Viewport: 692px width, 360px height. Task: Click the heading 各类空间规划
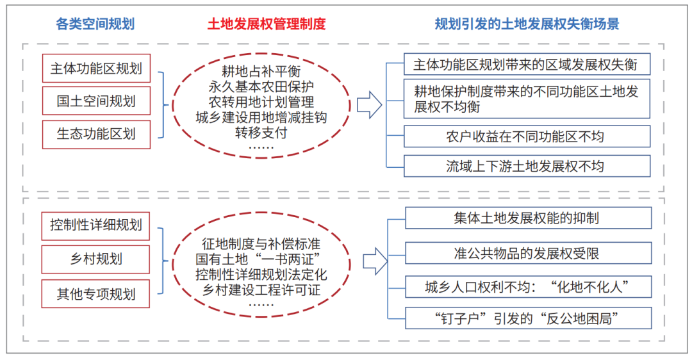(95, 24)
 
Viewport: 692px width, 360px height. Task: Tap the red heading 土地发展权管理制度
(267, 24)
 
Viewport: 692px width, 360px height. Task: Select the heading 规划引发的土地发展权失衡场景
(527, 24)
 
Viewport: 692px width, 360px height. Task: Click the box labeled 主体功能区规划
(96, 69)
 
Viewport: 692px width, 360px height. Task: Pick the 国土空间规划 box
(96, 101)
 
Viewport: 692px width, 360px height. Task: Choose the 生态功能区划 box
(96, 134)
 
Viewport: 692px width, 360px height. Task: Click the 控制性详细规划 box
(95, 226)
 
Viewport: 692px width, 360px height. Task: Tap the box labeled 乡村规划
(95, 259)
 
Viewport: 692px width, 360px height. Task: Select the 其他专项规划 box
(95, 294)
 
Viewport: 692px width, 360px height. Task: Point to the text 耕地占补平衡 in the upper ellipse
(261, 71)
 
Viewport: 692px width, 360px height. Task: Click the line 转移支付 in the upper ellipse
(261, 133)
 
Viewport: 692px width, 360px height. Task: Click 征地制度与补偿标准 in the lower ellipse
(261, 243)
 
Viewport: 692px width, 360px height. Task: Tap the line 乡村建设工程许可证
(261, 290)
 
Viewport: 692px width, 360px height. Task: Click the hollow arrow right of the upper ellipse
(370, 105)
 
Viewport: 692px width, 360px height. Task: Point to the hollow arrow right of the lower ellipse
(375, 261)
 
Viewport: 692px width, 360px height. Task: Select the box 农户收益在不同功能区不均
(527, 136)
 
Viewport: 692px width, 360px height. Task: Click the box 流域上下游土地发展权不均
(527, 167)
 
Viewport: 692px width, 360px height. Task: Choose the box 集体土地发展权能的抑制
(528, 218)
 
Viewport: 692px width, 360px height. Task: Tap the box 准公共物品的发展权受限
(528, 253)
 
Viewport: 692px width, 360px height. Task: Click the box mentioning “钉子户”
(528, 318)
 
